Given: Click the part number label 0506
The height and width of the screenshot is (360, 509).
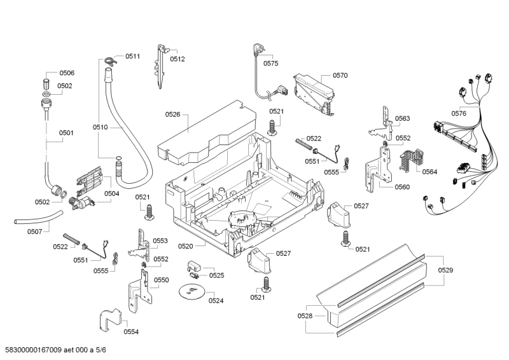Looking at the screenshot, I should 67,73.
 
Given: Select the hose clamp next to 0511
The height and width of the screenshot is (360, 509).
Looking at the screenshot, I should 109,62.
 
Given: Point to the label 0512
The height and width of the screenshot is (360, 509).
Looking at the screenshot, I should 178,59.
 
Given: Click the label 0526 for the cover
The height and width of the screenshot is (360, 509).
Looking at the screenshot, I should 172,114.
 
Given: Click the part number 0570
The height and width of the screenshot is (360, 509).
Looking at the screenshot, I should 340,76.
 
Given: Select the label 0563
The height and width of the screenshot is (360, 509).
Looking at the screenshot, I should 402,118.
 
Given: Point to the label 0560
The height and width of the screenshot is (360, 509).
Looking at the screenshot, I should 402,187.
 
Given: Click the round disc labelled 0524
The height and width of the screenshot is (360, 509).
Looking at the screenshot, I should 190,292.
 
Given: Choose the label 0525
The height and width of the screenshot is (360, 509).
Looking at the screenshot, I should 217,275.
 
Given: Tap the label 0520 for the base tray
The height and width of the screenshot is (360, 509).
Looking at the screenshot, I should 186,246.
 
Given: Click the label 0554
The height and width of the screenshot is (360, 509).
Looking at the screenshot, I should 131,331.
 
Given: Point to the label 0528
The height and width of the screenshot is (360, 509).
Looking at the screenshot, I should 305,316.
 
